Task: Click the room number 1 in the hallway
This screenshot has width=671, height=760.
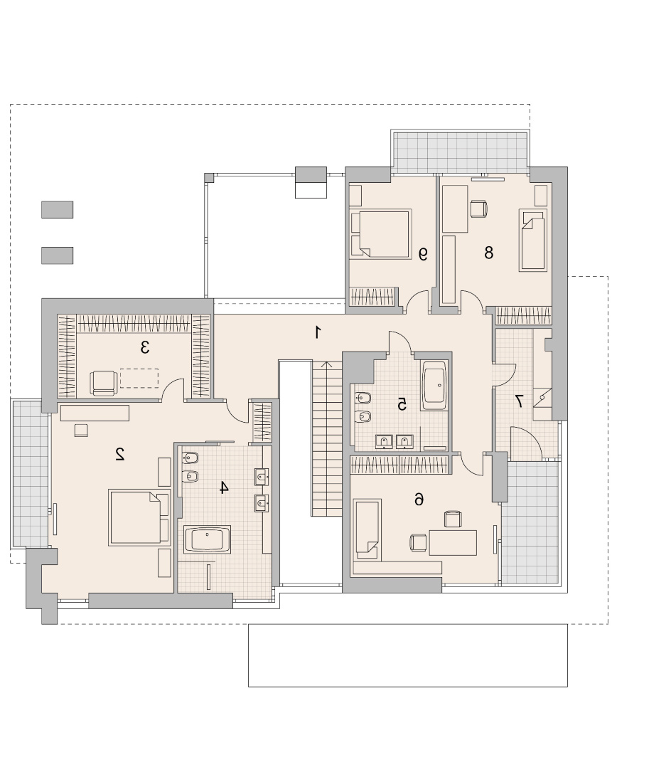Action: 318,332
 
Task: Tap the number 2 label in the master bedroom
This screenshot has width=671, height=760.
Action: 119,454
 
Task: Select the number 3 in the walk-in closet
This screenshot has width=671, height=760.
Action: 144,347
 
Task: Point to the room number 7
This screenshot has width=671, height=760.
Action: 518,401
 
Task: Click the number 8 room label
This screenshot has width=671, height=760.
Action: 488,253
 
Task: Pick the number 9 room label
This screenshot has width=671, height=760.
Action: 423,254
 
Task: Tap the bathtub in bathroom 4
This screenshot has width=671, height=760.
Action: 208,539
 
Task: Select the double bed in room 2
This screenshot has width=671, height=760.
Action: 139,517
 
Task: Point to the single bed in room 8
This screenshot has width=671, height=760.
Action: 532,239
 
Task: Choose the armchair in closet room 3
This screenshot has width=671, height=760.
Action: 104,383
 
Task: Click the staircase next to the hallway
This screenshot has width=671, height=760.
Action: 327,438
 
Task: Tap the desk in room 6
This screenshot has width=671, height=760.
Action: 453,542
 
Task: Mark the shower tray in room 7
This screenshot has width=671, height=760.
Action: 542,403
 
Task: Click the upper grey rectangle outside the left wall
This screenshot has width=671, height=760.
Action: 57,210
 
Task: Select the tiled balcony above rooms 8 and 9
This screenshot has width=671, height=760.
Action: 460,152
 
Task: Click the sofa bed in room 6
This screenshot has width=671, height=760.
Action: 367,529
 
